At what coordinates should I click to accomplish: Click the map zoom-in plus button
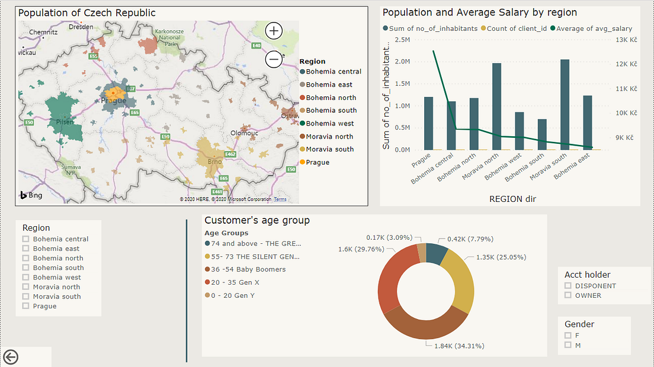274,31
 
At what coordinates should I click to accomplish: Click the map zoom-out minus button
274,59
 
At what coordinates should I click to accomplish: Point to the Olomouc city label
244,133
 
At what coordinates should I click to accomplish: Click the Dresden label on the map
81,27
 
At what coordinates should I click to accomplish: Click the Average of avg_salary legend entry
591,28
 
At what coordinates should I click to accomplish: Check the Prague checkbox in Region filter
25,306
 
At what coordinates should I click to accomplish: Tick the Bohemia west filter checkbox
25,277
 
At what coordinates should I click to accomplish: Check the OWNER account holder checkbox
568,295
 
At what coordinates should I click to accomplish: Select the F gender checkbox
568,336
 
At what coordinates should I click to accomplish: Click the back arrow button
11,356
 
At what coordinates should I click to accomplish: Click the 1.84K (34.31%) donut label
446,346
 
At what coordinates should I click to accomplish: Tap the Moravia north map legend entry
329,137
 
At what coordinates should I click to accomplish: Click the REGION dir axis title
512,199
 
